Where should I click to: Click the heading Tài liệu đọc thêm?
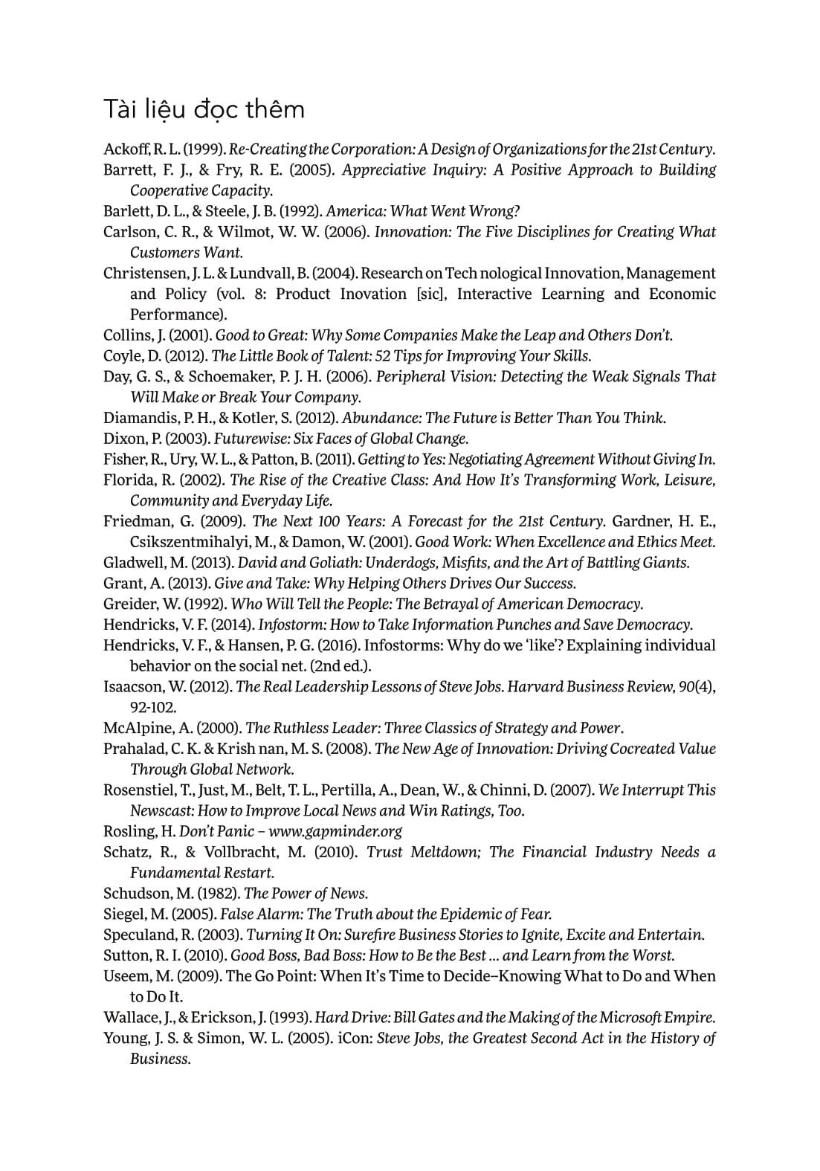204,109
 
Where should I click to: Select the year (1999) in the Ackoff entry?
204,149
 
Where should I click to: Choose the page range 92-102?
153,707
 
